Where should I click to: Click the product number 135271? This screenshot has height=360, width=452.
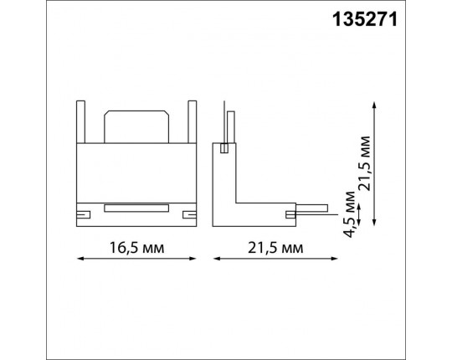pyautogui.click(x=365, y=20)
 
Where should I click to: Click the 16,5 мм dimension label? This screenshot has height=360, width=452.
pyautogui.click(x=136, y=248)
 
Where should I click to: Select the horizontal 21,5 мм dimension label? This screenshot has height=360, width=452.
pyautogui.click(x=275, y=248)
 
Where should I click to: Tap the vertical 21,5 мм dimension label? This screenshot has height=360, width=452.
pyautogui.click(x=363, y=163)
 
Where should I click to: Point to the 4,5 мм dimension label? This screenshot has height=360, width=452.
pyautogui.click(x=349, y=214)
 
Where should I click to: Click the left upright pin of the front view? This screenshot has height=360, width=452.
pyautogui.click(x=80, y=121)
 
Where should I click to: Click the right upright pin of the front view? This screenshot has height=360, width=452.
pyautogui.click(x=193, y=121)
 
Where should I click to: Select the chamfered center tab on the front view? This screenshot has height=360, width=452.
pyautogui.click(x=136, y=126)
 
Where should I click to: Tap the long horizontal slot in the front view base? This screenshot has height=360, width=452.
pyautogui.click(x=136, y=208)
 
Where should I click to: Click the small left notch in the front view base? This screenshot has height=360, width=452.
pyautogui.click(x=84, y=214)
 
